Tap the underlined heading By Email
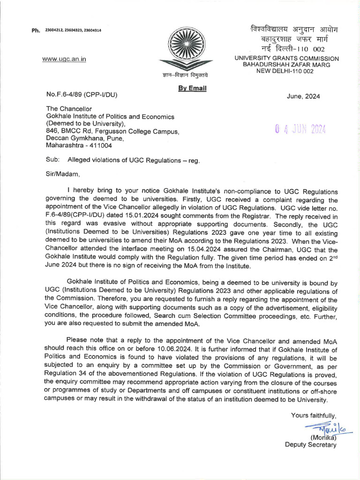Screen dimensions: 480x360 [x=192, y=88]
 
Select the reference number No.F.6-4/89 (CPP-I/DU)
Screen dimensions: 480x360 [x=82, y=95]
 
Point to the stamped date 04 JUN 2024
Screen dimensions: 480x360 [x=300, y=130]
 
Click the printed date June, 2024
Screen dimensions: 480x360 [x=303, y=97]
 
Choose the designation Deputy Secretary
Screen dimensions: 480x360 [x=310, y=445]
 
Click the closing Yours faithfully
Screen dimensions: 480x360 [x=313, y=415]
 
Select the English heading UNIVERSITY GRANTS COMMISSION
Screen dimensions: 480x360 [x=286, y=58]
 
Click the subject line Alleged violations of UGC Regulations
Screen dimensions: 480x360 [x=134, y=160]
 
